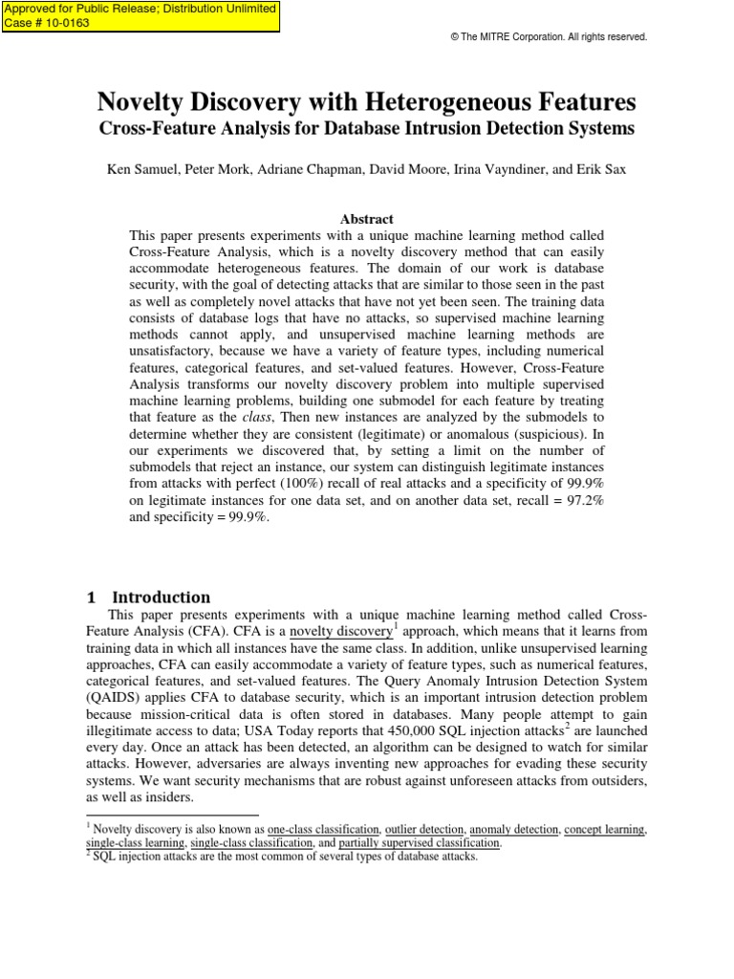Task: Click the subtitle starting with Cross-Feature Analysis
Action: [367, 127]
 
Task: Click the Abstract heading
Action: [366, 219]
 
